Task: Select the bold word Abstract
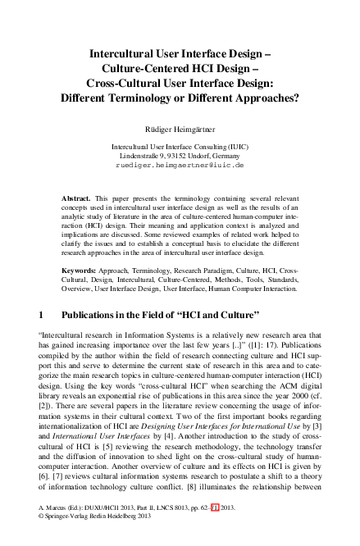[x=76, y=199]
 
